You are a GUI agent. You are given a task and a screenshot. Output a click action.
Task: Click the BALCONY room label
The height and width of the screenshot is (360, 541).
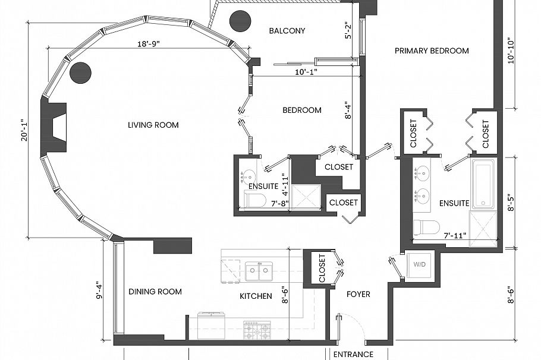click(x=287, y=31)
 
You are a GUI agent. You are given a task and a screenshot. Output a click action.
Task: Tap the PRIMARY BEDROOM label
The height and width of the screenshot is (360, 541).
click(x=432, y=51)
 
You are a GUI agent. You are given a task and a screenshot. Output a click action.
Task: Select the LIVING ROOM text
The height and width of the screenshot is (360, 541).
click(x=153, y=125)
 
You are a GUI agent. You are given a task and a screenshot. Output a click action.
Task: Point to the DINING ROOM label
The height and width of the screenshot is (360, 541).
click(x=155, y=292)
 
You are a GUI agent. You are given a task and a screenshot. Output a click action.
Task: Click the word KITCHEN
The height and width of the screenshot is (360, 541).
click(x=256, y=296)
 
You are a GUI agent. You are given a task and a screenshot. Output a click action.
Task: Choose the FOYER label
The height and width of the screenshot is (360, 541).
click(x=358, y=294)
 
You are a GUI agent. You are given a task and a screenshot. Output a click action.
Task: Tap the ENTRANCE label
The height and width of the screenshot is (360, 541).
click(x=353, y=355)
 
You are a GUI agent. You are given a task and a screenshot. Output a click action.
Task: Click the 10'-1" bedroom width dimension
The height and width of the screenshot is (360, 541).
click(x=305, y=72)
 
